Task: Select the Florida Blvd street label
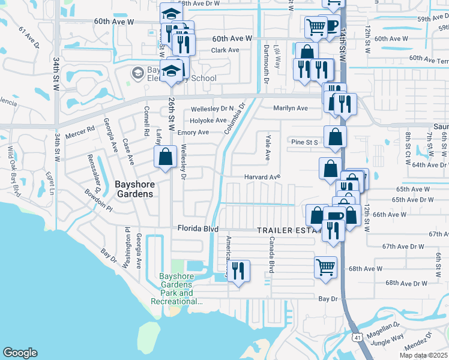click(197, 229)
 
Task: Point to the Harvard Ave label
click(262, 177)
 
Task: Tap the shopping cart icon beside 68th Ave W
click(325, 266)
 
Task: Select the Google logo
click(20, 353)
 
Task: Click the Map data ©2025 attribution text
click(423, 355)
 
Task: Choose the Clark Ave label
click(225, 50)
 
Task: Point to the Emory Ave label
click(193, 132)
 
